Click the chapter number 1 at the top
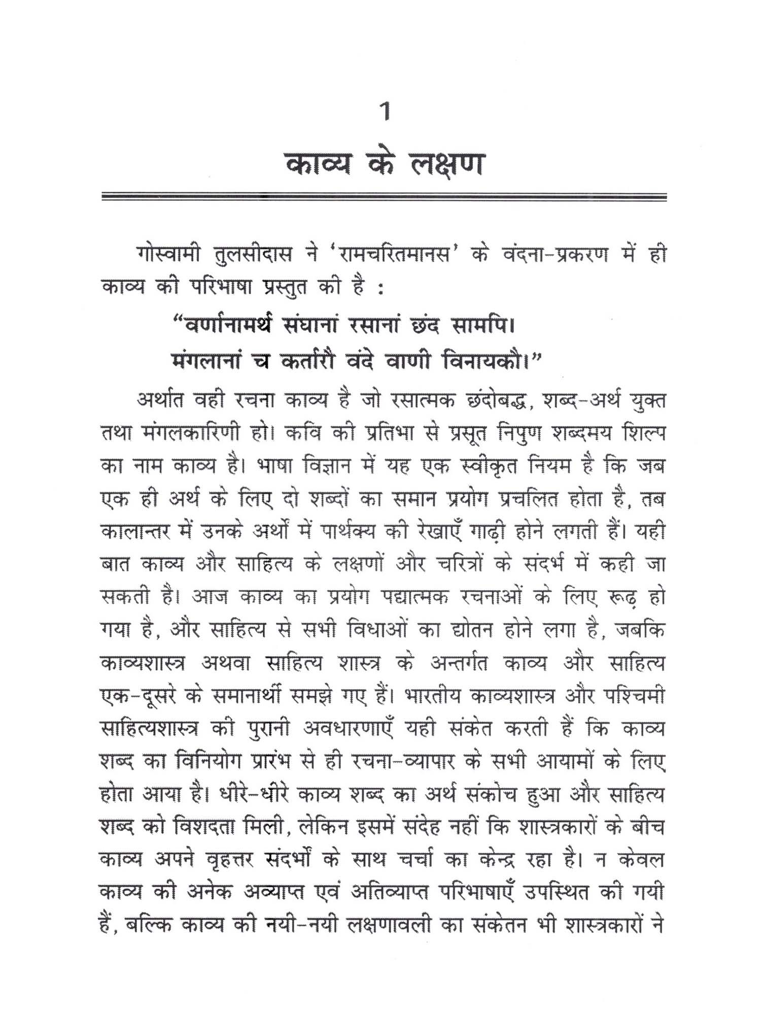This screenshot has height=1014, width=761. (x=386, y=112)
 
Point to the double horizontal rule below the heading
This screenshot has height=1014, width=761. (x=384, y=197)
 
